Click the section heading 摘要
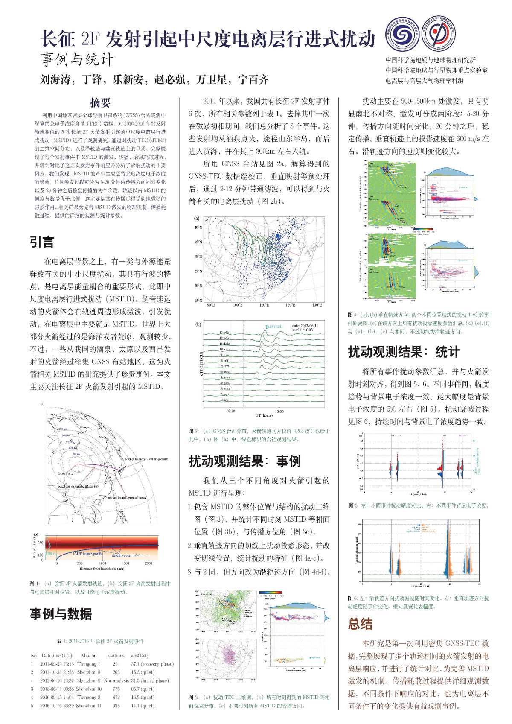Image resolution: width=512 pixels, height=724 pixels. (x=100, y=102)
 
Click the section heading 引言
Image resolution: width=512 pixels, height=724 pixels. (x=42, y=242)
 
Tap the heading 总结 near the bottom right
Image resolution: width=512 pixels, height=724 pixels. (x=360, y=624)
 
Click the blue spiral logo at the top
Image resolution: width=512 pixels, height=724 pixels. (x=403, y=34)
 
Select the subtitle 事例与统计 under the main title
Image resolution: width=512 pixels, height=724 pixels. (x=77, y=59)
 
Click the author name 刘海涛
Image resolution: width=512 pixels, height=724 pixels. (x=55, y=79)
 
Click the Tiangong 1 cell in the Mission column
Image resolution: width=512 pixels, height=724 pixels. (x=88, y=664)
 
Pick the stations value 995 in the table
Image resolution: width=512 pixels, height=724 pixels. (x=116, y=706)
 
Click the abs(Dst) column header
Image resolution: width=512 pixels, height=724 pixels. (x=140, y=655)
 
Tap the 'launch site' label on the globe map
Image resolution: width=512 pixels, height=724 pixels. (x=65, y=473)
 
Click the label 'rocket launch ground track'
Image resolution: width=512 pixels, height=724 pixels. (x=127, y=498)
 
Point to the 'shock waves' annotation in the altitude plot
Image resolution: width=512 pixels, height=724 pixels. (x=121, y=555)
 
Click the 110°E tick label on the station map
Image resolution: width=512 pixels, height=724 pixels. (x=265, y=305)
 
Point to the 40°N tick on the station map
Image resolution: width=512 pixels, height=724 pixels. (x=198, y=228)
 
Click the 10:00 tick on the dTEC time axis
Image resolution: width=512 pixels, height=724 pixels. (x=279, y=412)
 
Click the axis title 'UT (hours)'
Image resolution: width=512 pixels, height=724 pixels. (x=264, y=415)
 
